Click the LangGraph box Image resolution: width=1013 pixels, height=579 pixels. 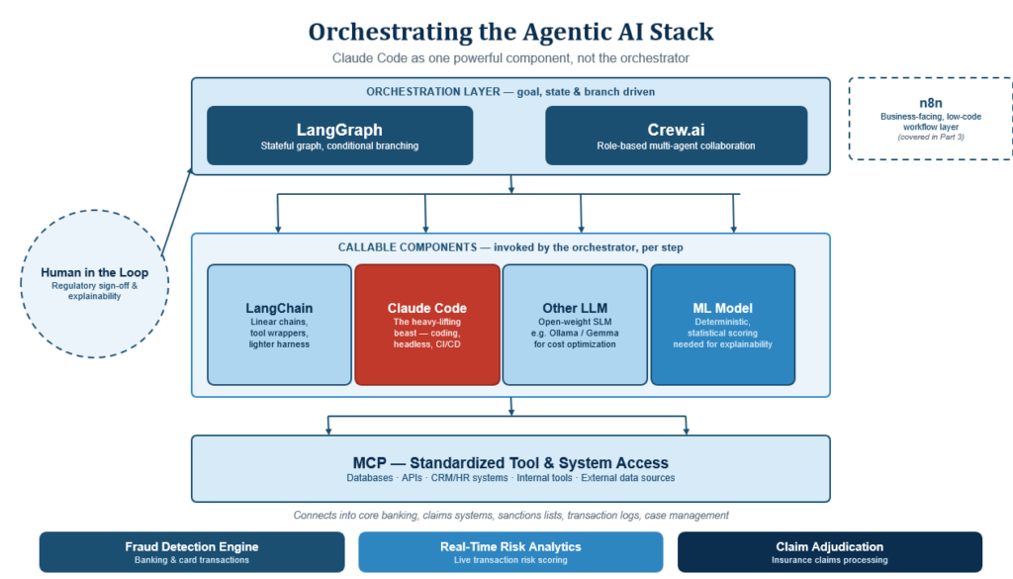340,136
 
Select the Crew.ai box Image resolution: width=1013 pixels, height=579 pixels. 677,136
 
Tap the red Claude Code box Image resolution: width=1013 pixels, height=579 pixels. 427,325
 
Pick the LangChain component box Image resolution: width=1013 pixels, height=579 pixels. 279,325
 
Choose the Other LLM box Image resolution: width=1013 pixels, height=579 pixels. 575,325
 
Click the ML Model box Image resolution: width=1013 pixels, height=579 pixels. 723,325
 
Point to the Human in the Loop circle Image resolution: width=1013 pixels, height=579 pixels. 94,284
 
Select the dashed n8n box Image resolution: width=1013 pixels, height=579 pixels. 930,119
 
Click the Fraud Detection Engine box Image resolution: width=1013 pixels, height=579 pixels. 192,552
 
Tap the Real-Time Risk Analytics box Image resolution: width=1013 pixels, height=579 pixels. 510,552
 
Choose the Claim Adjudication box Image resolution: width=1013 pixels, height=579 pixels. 830,552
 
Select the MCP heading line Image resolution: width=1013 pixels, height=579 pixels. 510,462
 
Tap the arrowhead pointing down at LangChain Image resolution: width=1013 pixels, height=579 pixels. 278,228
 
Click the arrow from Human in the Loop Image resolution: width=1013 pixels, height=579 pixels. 177,211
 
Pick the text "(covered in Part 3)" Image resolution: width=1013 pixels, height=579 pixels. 931,137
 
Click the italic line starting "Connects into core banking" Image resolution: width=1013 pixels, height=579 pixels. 510,515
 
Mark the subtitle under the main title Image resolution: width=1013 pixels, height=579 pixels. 510,58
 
